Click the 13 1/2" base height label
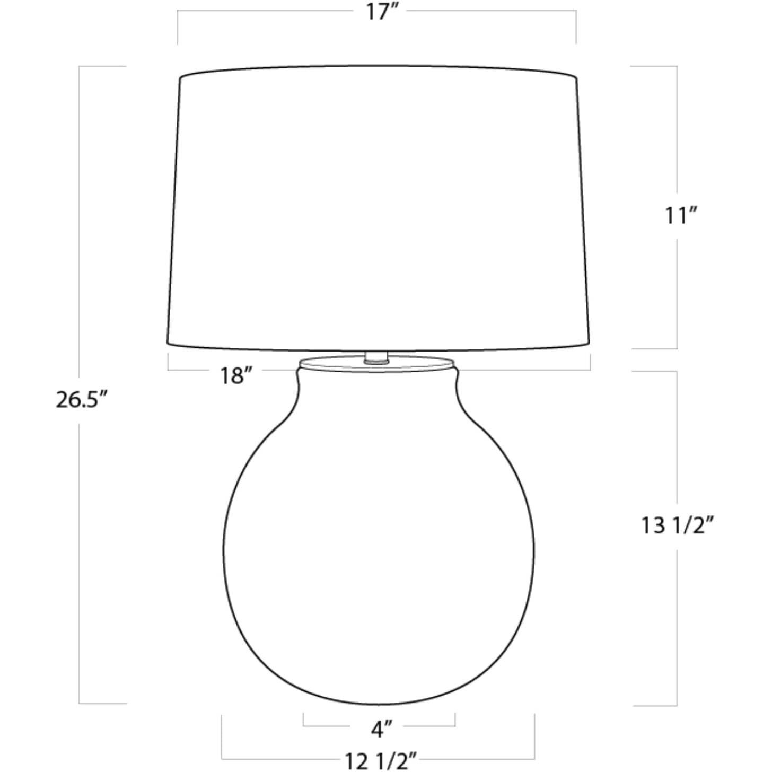(678, 525)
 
